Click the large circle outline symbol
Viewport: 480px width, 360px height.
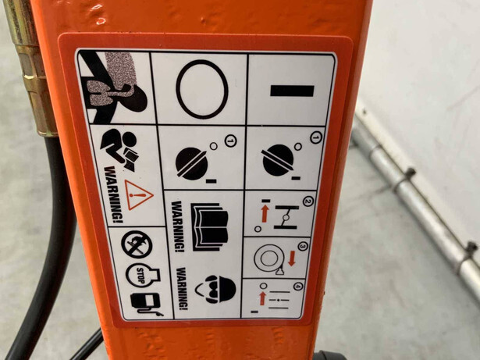point(202,89)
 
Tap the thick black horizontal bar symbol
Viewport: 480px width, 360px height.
point(292,91)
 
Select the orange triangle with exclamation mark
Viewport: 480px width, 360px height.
point(138,195)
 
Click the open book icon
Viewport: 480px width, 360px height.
point(210,226)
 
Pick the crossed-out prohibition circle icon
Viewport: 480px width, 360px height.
point(137,244)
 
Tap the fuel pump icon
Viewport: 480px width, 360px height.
point(146,304)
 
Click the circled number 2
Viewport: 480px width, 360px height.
point(308,201)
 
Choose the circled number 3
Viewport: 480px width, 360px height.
point(303,246)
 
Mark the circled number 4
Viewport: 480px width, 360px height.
point(298,287)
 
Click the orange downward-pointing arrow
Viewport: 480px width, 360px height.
point(291,258)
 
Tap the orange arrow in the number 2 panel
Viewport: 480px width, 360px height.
point(265,213)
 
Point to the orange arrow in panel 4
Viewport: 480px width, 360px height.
point(262,298)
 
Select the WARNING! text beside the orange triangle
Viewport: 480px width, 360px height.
point(113,194)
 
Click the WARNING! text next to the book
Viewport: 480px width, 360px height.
point(179,226)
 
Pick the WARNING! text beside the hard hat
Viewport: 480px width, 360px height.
point(183,289)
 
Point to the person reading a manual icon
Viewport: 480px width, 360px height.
point(120,149)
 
